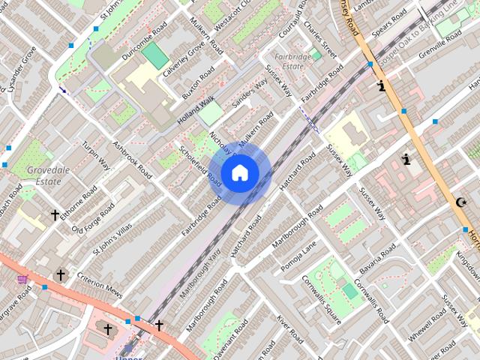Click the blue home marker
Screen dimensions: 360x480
pyautogui.click(x=239, y=173)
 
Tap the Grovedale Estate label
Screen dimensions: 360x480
pyautogui.click(x=48, y=175)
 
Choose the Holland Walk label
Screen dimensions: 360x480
pyautogui.click(x=196, y=109)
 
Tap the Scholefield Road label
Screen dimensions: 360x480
pyautogui.click(x=200, y=165)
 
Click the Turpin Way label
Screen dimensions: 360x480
pyautogui.click(x=96, y=155)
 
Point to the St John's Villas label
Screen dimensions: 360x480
pyautogui.click(x=111, y=238)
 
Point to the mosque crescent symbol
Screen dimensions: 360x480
pyautogui.click(x=461, y=202)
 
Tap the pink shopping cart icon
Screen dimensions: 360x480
pyautogui.click(x=22, y=280)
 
